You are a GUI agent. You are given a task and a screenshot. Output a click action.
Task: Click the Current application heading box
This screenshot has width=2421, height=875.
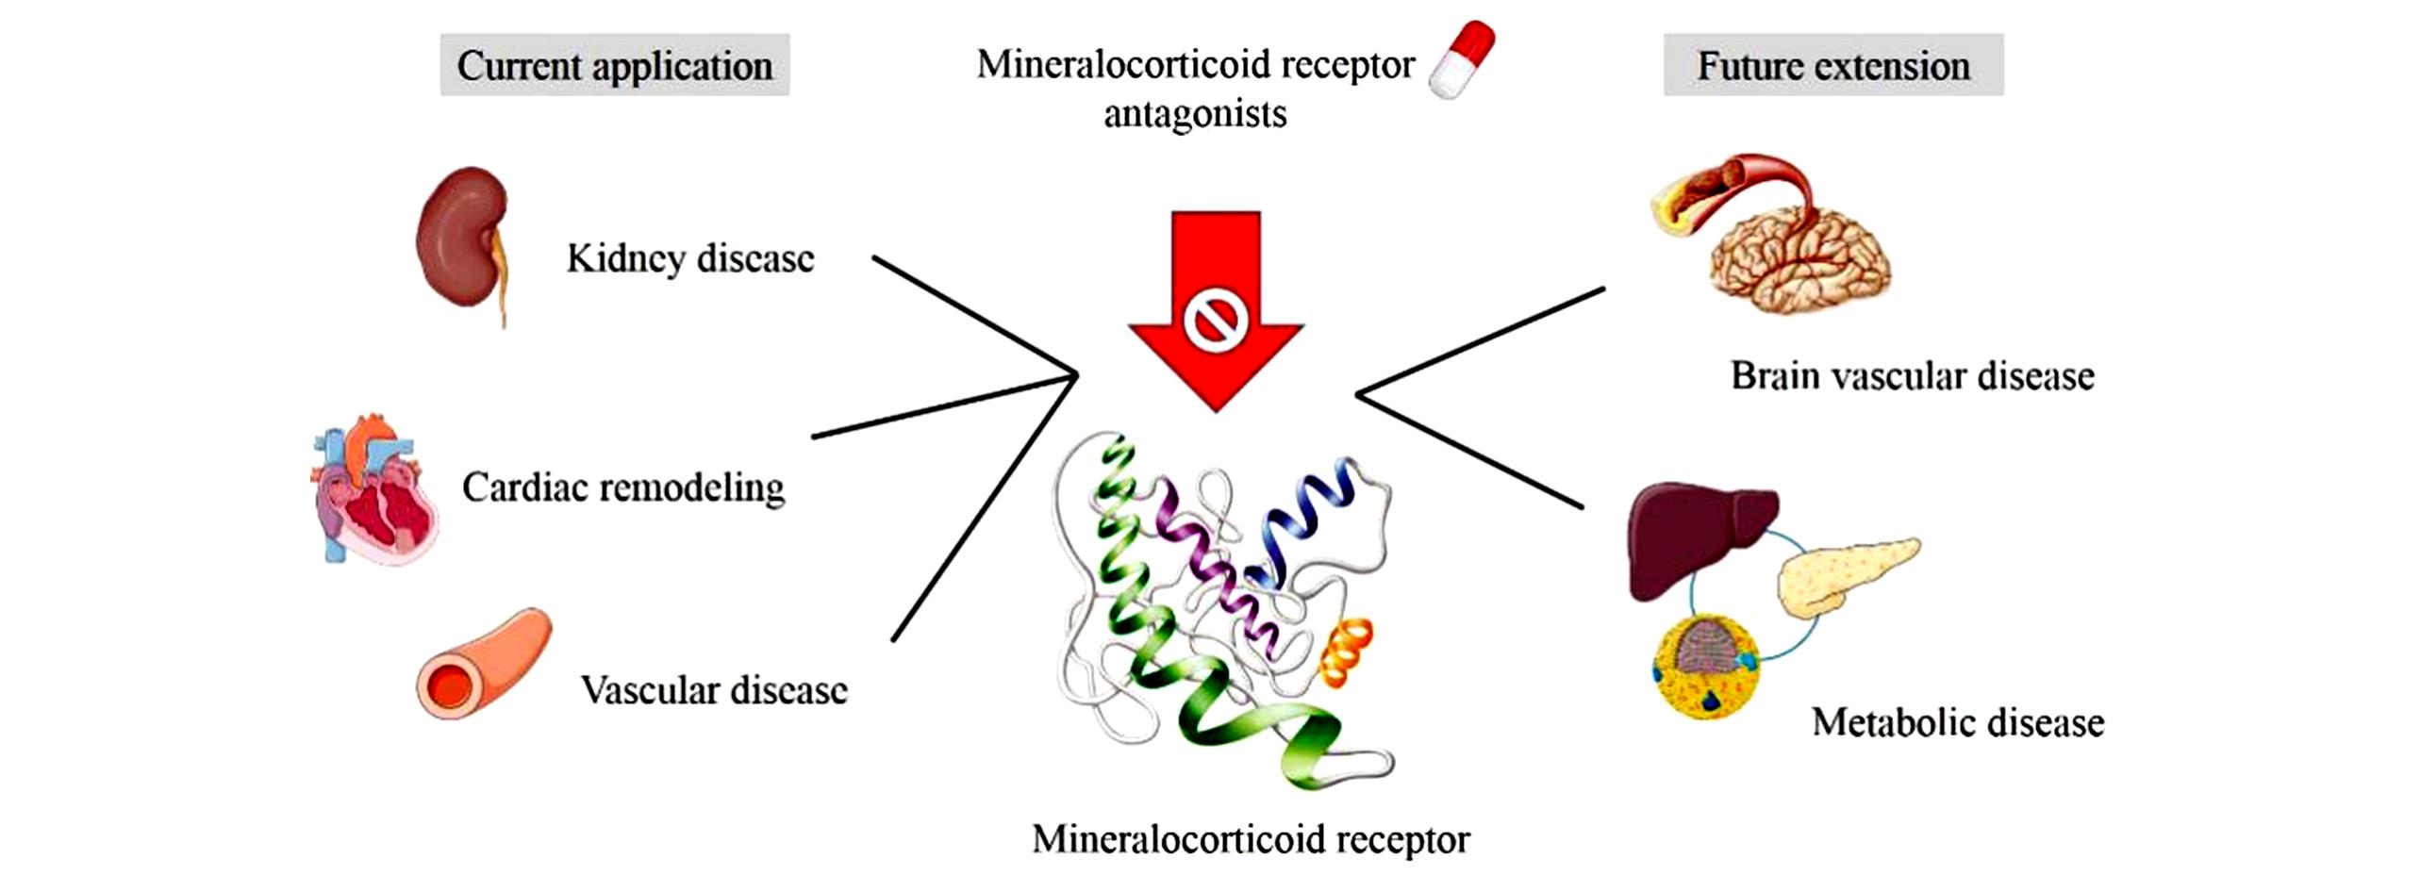click(614, 65)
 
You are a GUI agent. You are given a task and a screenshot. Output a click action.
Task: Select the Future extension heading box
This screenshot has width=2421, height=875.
click(1832, 65)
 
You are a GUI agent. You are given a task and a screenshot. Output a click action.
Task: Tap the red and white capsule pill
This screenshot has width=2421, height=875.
click(1461, 59)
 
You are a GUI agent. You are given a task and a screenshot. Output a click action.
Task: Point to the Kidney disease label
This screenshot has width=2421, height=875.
click(689, 258)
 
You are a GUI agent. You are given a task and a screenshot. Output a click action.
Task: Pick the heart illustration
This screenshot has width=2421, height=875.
click(376, 490)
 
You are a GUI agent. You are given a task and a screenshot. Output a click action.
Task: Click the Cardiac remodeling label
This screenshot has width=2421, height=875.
click(622, 487)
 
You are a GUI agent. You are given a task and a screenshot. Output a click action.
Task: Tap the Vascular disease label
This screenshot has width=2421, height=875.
click(713, 690)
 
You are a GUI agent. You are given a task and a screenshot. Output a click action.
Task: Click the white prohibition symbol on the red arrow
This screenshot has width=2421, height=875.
click(1216, 320)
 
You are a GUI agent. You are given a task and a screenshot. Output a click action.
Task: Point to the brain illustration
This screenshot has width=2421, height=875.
click(1799, 255)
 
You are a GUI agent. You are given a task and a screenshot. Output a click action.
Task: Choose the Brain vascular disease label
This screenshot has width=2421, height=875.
click(1912, 375)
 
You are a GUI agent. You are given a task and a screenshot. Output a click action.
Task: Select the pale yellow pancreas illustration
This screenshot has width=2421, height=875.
click(1844, 576)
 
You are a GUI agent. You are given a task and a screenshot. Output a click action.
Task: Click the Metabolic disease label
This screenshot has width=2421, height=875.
click(1957, 723)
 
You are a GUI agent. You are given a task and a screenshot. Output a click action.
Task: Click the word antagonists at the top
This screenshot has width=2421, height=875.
click(1195, 114)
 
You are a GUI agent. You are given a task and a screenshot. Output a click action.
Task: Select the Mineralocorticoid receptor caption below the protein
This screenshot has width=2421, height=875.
click(1251, 839)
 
